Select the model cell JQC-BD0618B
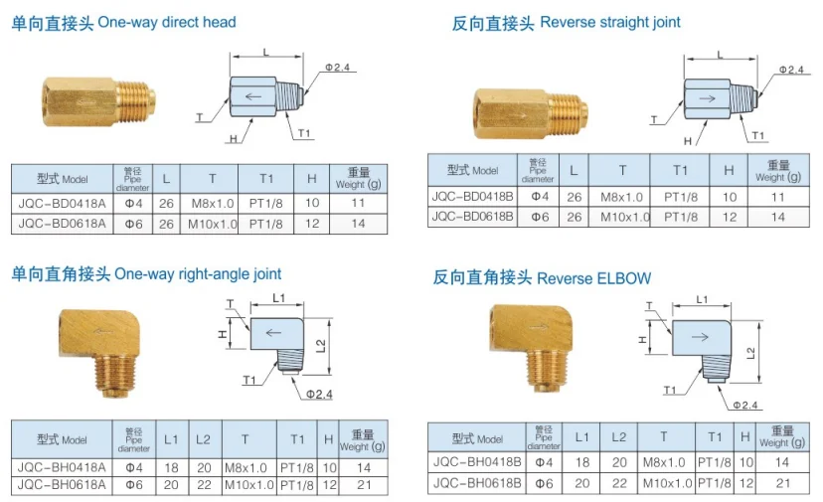pos(473,216)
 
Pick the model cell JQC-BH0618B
pos(473,483)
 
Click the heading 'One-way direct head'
pos(167,22)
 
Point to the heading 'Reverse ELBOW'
pos(593,278)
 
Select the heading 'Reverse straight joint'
pos(609,22)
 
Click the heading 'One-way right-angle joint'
pos(198,273)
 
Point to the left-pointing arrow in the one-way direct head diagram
pos(254,95)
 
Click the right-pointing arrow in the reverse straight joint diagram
pos(708,99)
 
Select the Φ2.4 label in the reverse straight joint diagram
pos(790,69)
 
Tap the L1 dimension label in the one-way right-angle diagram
pos(278,298)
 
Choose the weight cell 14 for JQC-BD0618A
pos(358,224)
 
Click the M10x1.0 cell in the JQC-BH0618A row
pos(248,485)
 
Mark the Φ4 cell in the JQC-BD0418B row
pos(538,197)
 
